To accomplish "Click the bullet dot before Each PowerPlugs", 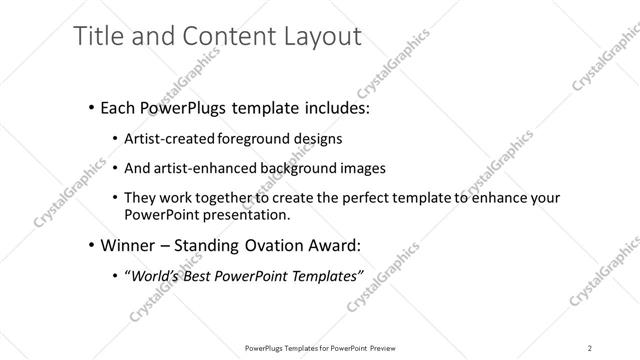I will [91, 106].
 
